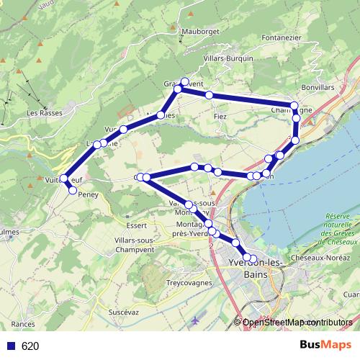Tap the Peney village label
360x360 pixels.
[88, 194]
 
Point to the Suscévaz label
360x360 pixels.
[123, 312]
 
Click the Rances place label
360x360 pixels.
[23, 325]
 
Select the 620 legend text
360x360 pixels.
[30, 346]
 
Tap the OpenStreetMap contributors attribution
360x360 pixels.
[297, 323]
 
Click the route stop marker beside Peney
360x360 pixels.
[72, 189]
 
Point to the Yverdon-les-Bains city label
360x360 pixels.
[254, 269]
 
